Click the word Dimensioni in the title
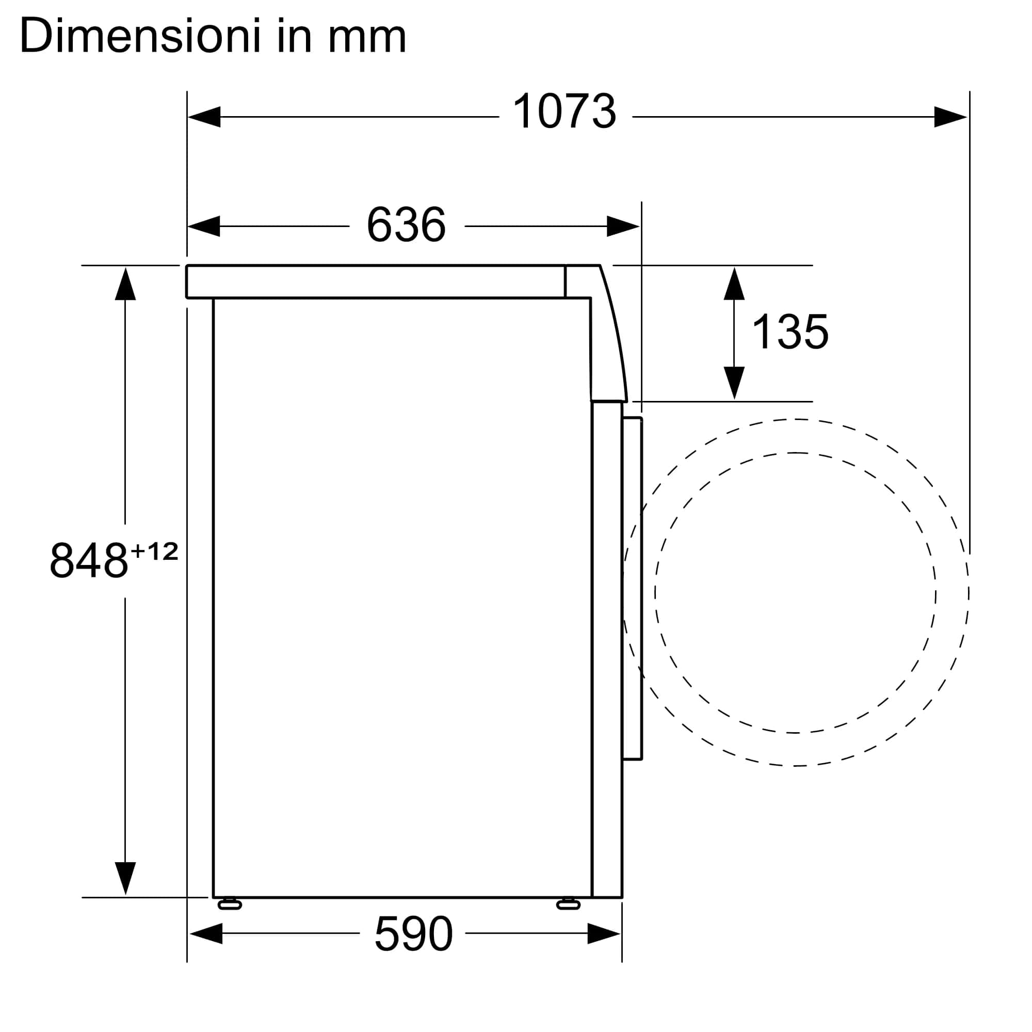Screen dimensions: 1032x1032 click(x=140, y=36)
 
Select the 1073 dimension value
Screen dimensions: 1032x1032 click(x=565, y=111)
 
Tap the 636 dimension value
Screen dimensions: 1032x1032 click(x=407, y=225)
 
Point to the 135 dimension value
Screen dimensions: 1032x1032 click(x=790, y=332)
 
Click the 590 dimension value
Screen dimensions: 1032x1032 click(x=414, y=934)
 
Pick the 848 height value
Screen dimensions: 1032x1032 click(x=89, y=560)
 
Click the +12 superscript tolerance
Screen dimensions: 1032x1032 click(x=154, y=551)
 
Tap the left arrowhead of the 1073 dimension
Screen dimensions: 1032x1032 click(x=204, y=117)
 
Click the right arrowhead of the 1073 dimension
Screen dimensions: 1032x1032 click(x=950, y=117)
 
